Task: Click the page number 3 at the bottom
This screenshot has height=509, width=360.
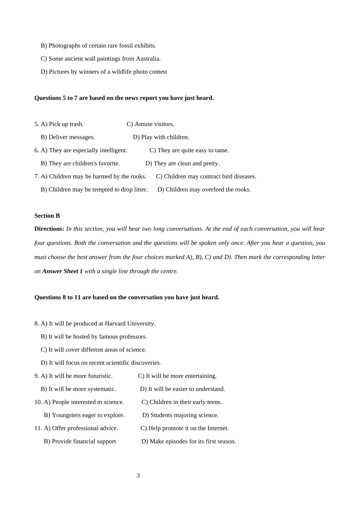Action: click(138, 476)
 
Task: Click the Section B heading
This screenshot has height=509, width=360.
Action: click(47, 216)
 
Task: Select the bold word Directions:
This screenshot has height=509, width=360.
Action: click(49, 229)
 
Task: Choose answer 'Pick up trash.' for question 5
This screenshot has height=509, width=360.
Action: click(66, 124)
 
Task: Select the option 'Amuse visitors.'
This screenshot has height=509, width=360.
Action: click(154, 124)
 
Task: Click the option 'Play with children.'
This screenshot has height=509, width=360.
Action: click(165, 137)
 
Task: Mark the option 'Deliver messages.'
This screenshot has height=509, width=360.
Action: click(72, 137)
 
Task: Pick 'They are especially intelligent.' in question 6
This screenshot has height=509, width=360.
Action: click(88, 150)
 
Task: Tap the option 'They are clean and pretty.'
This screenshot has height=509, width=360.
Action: click(186, 163)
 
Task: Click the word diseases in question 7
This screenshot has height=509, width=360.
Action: click(244, 176)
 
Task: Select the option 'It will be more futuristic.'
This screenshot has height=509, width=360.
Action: click(81, 376)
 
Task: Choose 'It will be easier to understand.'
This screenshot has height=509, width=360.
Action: click(186, 389)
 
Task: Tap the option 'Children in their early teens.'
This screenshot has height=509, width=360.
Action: click(185, 402)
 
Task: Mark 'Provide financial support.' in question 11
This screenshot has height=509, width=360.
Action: click(85, 441)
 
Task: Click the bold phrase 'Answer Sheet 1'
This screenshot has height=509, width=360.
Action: click(63, 271)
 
